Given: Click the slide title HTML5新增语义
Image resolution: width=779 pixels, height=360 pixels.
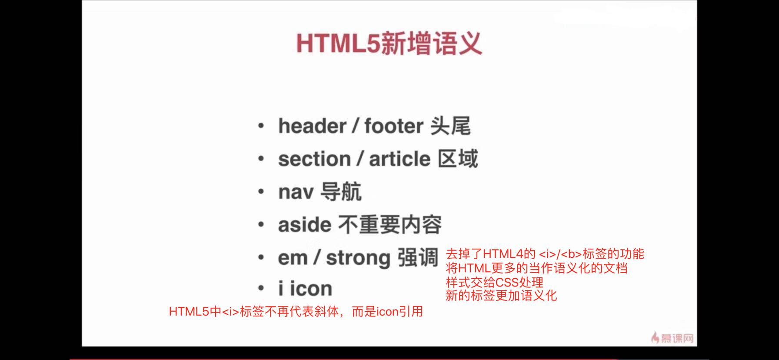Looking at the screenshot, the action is [389, 43].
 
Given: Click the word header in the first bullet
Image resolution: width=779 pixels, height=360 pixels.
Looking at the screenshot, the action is [312, 126].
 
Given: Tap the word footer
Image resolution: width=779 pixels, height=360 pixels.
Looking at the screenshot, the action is [394, 126].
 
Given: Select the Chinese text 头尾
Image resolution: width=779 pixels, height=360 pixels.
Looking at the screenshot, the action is [451, 126].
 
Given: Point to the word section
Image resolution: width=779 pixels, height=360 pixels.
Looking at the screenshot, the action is [314, 159].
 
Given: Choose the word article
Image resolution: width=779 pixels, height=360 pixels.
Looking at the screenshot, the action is [399, 159].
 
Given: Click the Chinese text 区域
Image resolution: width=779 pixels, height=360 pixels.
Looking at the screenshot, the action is [458, 159].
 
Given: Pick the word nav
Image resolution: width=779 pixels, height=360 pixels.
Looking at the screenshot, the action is [296, 192].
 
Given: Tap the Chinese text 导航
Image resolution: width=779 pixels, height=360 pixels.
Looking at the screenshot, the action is [341, 192].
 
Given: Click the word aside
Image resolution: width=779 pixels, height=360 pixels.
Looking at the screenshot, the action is [305, 225].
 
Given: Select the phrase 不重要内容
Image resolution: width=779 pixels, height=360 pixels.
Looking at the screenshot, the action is [390, 225].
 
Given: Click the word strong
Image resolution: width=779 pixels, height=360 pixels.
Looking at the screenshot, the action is [358, 258].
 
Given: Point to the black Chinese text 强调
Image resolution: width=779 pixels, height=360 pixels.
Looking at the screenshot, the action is [418, 257].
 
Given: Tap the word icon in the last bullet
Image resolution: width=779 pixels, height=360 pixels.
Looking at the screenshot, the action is [311, 289].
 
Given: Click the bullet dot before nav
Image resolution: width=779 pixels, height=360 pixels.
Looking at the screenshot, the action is [261, 192].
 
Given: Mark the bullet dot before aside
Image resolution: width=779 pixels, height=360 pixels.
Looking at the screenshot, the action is [261, 225].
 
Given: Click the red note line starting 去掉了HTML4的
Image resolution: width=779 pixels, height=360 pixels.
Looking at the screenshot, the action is [545, 254].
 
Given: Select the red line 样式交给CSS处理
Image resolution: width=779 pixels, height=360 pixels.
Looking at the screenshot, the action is [495, 282].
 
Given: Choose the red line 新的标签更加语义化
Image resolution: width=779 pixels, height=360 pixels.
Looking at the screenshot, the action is [501, 296].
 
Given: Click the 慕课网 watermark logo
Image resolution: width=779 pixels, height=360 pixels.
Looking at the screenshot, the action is [672, 338].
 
